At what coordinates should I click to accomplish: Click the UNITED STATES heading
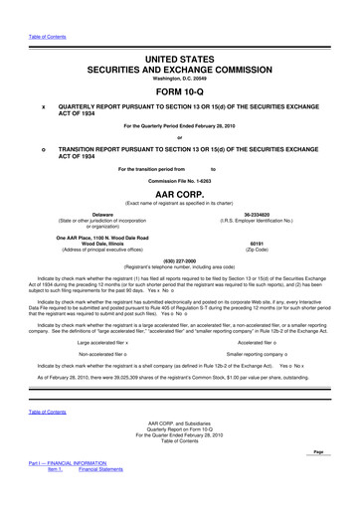180,33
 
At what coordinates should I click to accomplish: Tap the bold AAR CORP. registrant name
180,195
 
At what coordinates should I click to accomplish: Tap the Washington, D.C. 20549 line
180,53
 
